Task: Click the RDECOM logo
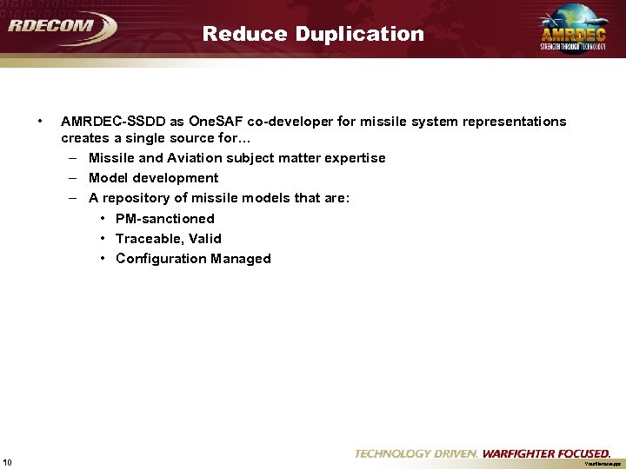pos(61,27)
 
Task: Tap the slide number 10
pos(7,460)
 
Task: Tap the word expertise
pos(354,158)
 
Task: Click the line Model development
pos(153,178)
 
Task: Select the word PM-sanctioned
pos(165,219)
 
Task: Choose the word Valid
pos(205,239)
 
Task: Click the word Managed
pos(242,259)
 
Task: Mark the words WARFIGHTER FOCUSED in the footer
pos(546,453)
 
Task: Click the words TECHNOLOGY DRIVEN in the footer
pos(416,453)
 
